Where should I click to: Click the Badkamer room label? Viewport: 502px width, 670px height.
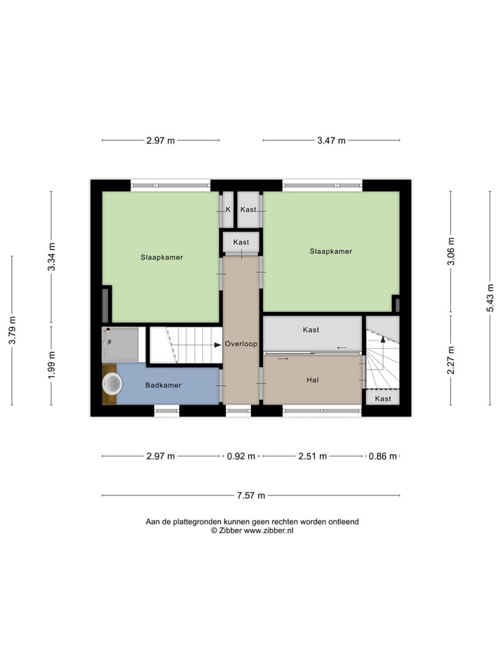163,385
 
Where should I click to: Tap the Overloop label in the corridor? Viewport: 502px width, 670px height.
241,344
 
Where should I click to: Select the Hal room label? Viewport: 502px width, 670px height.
312,380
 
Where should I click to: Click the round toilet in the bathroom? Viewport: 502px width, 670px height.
112,383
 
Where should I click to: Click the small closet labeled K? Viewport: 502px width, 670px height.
228,209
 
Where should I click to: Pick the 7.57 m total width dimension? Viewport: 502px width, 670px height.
251,496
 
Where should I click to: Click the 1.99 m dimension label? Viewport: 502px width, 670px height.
51,365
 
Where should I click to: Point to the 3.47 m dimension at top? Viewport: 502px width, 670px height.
331,140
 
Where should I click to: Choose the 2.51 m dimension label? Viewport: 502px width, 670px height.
312,456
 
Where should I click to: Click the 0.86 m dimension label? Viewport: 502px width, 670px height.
383,456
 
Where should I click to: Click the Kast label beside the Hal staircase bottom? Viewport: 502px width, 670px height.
383,399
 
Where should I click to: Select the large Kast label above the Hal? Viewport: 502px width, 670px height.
311,329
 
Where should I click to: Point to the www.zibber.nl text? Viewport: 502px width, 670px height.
268,530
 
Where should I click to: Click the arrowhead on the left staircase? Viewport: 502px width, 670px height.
218,344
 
